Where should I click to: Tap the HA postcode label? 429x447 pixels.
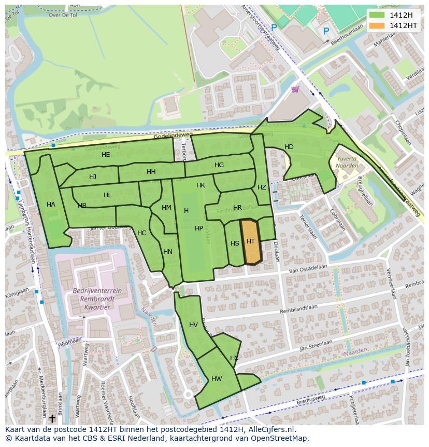51,205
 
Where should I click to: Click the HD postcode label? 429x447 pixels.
289,147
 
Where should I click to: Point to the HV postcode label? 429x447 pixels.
193,325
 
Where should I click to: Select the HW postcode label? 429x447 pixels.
217,379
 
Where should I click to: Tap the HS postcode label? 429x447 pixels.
235,243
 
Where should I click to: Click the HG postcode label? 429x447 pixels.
219,165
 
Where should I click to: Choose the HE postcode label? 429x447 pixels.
106,155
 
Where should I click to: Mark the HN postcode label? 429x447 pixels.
168,252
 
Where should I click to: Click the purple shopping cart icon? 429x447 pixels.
295,89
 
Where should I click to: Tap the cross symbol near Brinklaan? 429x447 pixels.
52,417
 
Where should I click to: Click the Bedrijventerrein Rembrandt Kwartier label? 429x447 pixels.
97,299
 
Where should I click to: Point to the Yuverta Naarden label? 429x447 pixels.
347,162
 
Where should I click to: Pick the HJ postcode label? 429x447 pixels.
92,177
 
